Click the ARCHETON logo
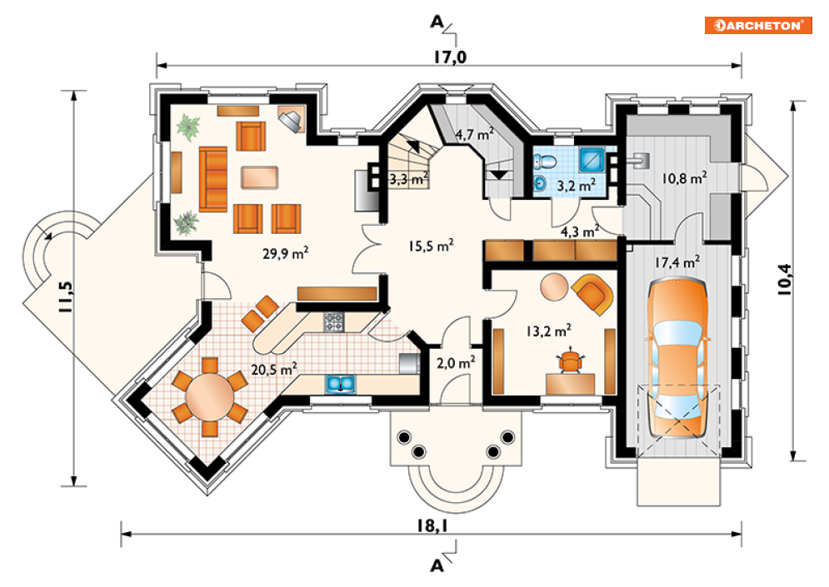(x=758, y=25)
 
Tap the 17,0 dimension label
(x=451, y=57)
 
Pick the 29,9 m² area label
(x=286, y=253)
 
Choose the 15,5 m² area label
(x=431, y=245)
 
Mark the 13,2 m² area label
(x=548, y=331)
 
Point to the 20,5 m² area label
(x=274, y=369)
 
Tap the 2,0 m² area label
(x=456, y=362)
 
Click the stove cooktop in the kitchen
(x=334, y=321)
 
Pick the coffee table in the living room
(x=260, y=177)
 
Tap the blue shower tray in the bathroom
(x=592, y=160)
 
